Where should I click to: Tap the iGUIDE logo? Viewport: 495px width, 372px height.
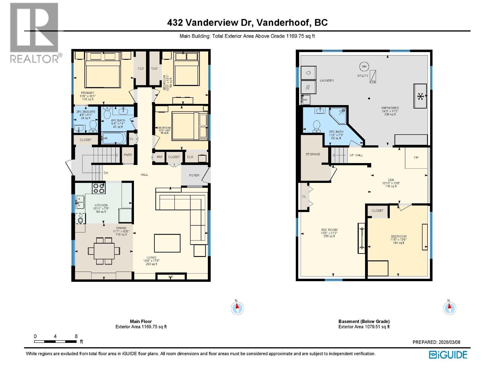(x=448, y=355)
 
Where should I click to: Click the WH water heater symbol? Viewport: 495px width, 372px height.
(x=364, y=66)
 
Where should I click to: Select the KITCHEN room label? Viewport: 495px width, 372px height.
(x=101, y=205)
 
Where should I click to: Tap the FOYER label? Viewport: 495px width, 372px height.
(x=194, y=175)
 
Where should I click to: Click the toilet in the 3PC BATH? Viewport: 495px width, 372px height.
(x=316, y=126)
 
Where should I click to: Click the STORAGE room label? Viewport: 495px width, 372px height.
(x=313, y=154)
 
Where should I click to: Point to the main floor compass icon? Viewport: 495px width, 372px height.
(x=237, y=308)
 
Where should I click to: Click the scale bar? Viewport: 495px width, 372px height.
(x=56, y=341)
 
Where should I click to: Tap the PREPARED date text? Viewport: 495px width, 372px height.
(x=436, y=342)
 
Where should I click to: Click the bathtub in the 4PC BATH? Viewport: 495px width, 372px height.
(x=114, y=138)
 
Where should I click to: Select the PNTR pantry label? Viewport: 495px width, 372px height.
(x=128, y=155)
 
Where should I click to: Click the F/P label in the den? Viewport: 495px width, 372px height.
(x=416, y=157)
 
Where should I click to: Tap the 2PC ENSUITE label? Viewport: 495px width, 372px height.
(x=86, y=112)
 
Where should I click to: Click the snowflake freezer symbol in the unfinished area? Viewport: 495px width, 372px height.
(x=420, y=96)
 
